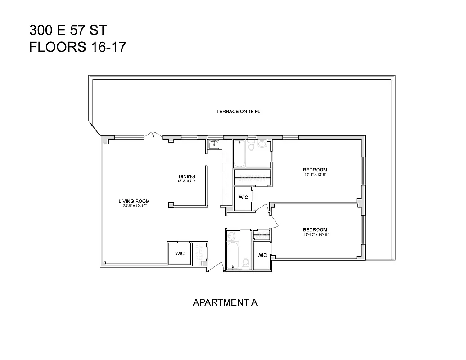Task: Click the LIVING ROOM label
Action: click(134, 201)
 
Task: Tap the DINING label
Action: click(186, 176)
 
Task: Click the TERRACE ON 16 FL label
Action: click(238, 112)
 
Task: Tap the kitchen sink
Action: click(213, 144)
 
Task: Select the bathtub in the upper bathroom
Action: click(239, 155)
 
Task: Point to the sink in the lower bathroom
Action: click(231, 236)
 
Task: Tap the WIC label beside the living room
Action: click(180, 254)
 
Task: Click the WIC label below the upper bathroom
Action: click(243, 198)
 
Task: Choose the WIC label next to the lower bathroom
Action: click(262, 255)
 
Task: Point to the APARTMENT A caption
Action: click(225, 302)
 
